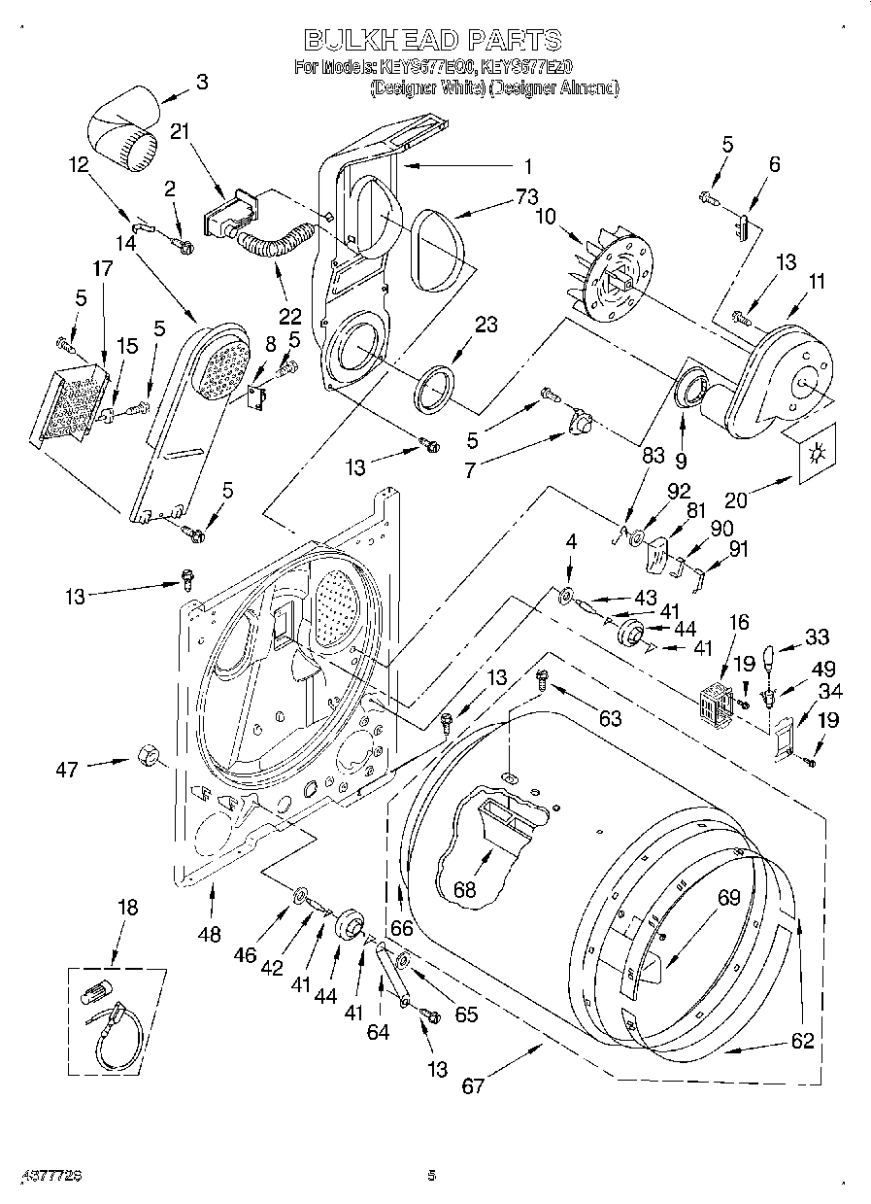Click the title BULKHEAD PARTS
point(433,40)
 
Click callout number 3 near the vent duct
point(201,83)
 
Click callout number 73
point(525,196)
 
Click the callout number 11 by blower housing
point(817,282)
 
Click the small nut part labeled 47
point(149,755)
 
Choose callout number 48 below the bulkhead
point(210,935)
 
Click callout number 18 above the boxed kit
point(127,908)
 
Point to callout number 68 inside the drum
point(466,888)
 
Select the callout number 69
point(729,898)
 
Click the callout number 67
point(473,1085)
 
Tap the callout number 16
point(739,622)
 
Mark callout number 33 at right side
point(817,637)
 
